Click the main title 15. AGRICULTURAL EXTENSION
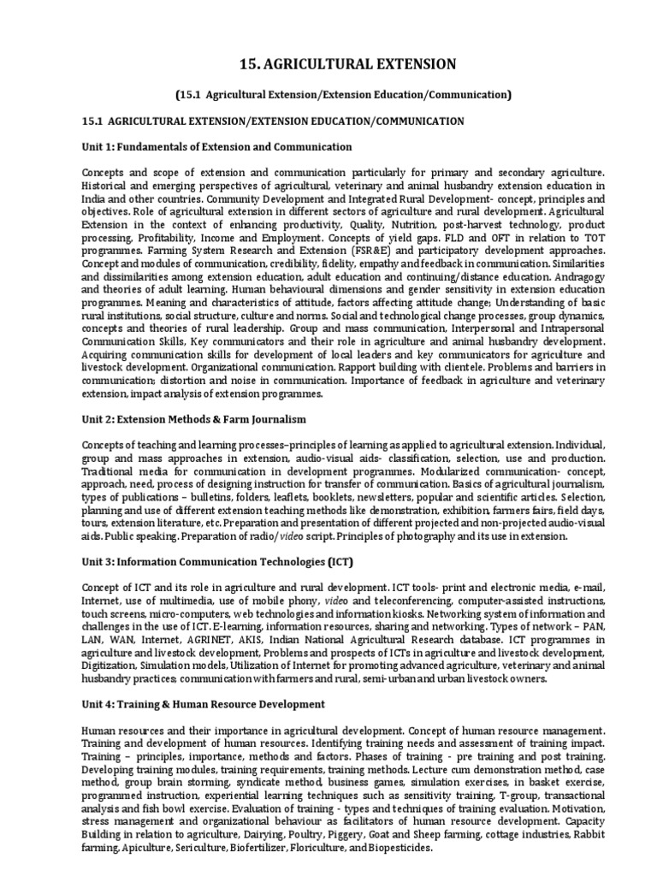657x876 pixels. click(328, 64)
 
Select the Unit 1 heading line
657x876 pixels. click(216, 147)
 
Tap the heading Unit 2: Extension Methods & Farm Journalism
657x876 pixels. click(193, 419)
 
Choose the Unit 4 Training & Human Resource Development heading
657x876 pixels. click(204, 704)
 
